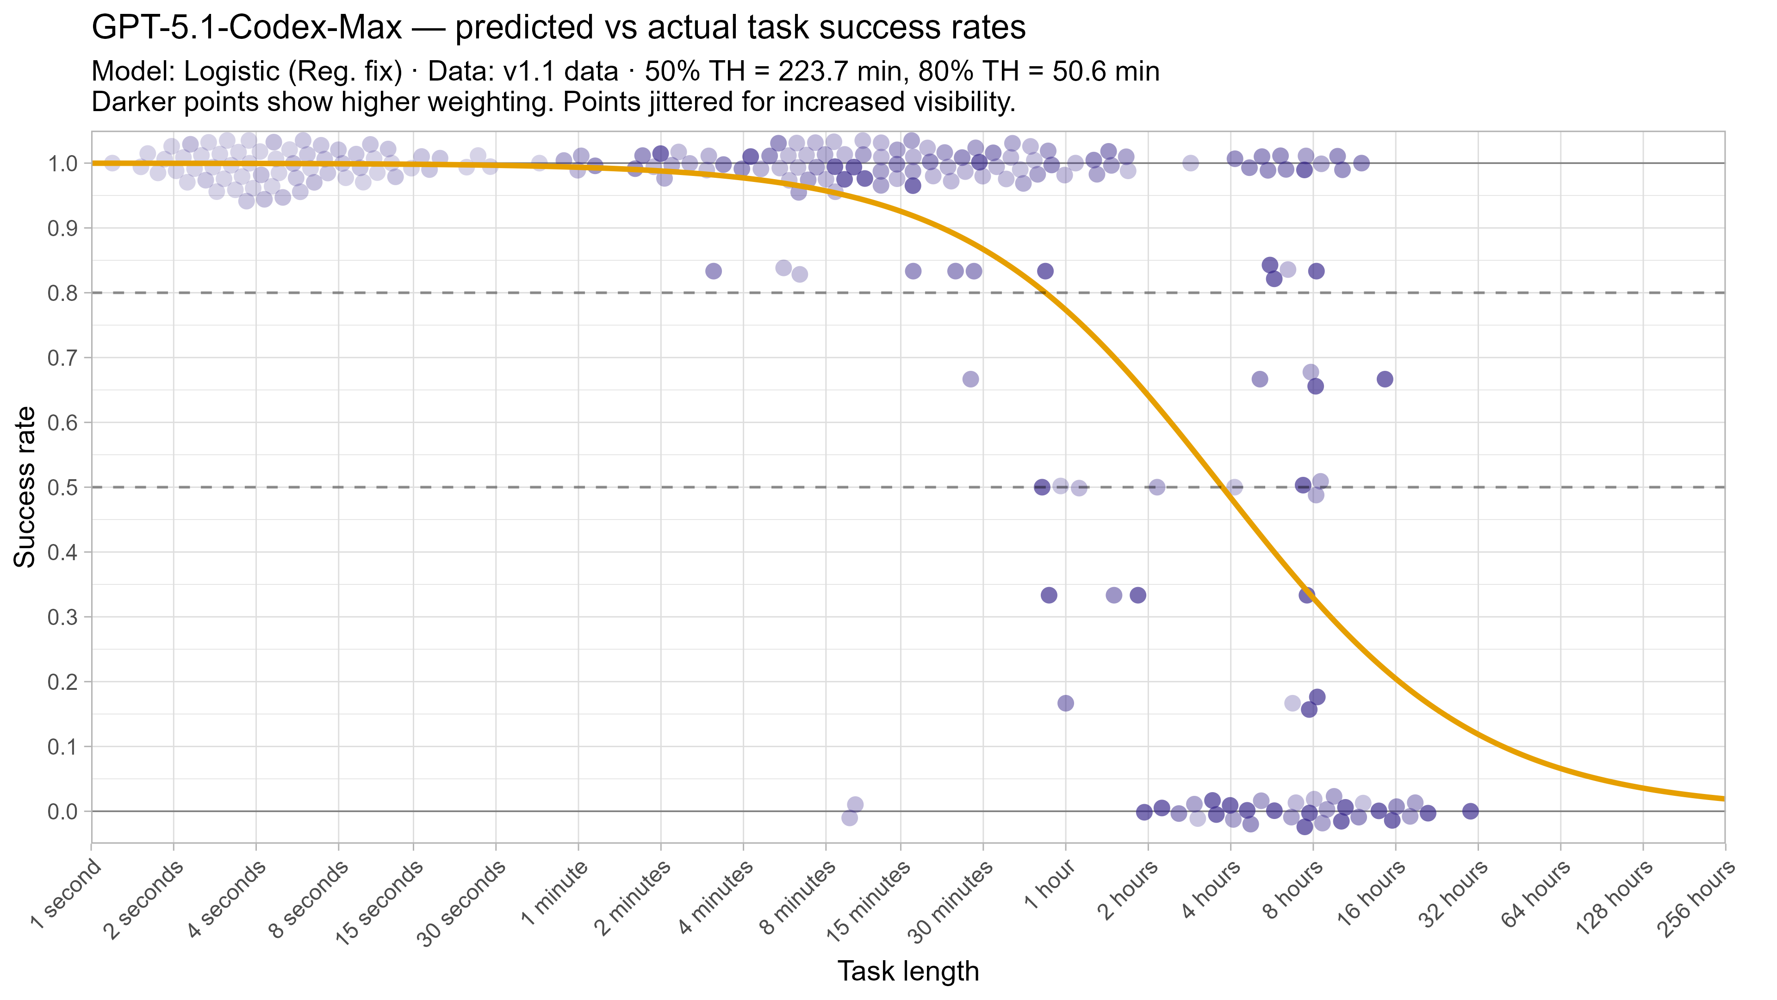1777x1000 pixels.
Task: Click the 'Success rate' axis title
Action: (25, 487)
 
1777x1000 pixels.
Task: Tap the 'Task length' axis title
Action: (908, 971)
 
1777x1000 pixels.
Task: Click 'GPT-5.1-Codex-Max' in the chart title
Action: (246, 28)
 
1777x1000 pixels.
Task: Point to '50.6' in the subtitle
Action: (1080, 71)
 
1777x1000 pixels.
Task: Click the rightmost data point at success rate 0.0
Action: (1471, 811)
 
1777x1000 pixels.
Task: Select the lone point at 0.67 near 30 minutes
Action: (970, 379)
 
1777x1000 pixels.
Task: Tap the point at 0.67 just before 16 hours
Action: (1385, 379)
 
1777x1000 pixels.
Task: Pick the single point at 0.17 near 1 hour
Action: (1066, 703)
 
